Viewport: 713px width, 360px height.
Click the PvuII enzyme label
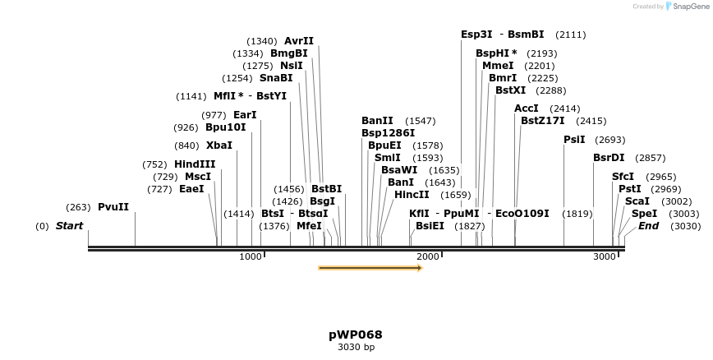(113, 207)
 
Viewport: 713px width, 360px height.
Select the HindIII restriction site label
(195, 164)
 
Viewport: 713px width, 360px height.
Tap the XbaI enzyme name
(219, 145)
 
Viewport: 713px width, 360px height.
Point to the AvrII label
(299, 41)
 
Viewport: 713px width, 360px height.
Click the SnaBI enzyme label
(276, 78)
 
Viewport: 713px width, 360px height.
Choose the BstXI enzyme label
(511, 90)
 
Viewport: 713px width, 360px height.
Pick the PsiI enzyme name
(574, 140)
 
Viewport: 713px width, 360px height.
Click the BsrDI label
(609, 158)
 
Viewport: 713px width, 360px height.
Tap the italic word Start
(70, 226)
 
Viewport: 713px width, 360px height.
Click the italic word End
(648, 226)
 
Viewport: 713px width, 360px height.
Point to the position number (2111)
(571, 35)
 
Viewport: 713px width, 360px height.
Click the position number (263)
(79, 207)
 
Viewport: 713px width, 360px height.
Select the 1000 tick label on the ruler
(250, 257)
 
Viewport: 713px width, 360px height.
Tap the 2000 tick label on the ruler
(427, 257)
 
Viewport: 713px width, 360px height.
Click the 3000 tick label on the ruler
(605, 257)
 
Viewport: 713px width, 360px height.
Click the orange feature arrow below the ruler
(370, 268)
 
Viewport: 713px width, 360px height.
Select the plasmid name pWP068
(356, 335)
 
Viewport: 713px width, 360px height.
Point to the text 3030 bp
(356, 348)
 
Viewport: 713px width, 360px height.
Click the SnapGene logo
(687, 7)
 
